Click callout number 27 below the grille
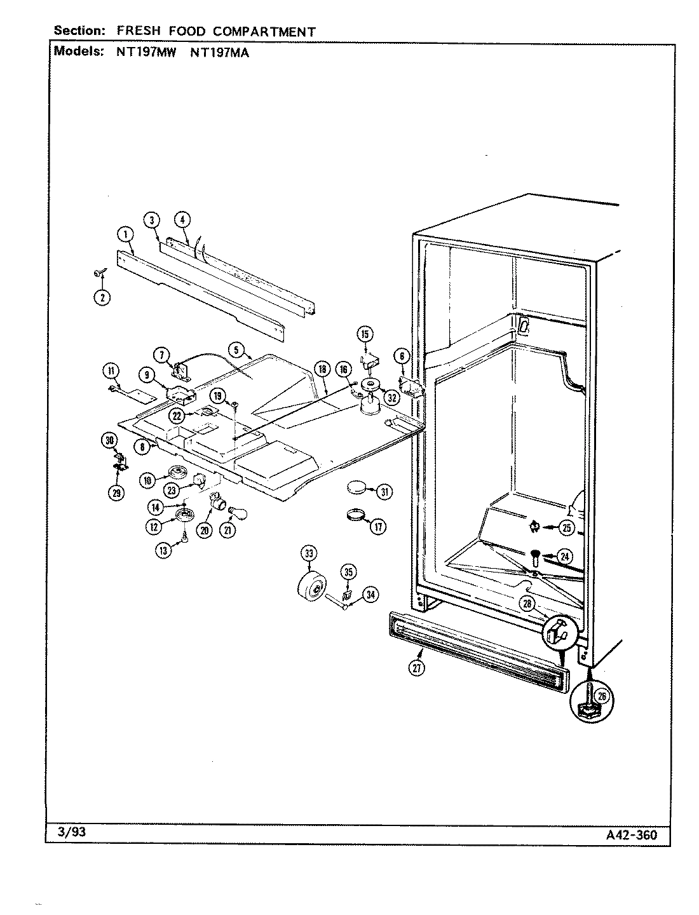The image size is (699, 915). pos(416,667)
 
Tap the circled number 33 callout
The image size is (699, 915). pos(309,553)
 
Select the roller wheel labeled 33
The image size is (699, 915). pos(311,585)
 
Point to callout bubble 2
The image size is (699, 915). pos(102,297)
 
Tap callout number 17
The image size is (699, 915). pos(377,526)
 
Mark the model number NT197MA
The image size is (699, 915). pos(220,53)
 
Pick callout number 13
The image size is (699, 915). pos(165,551)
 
